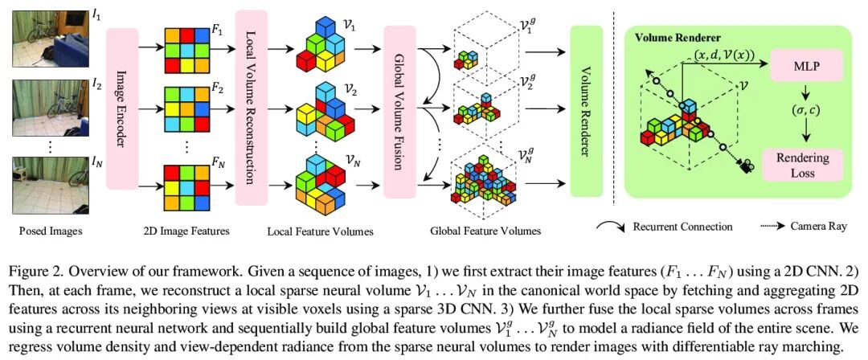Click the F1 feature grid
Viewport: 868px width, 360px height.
(186, 47)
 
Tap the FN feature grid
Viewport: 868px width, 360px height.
(186, 184)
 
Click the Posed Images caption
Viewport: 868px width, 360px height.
(47, 231)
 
